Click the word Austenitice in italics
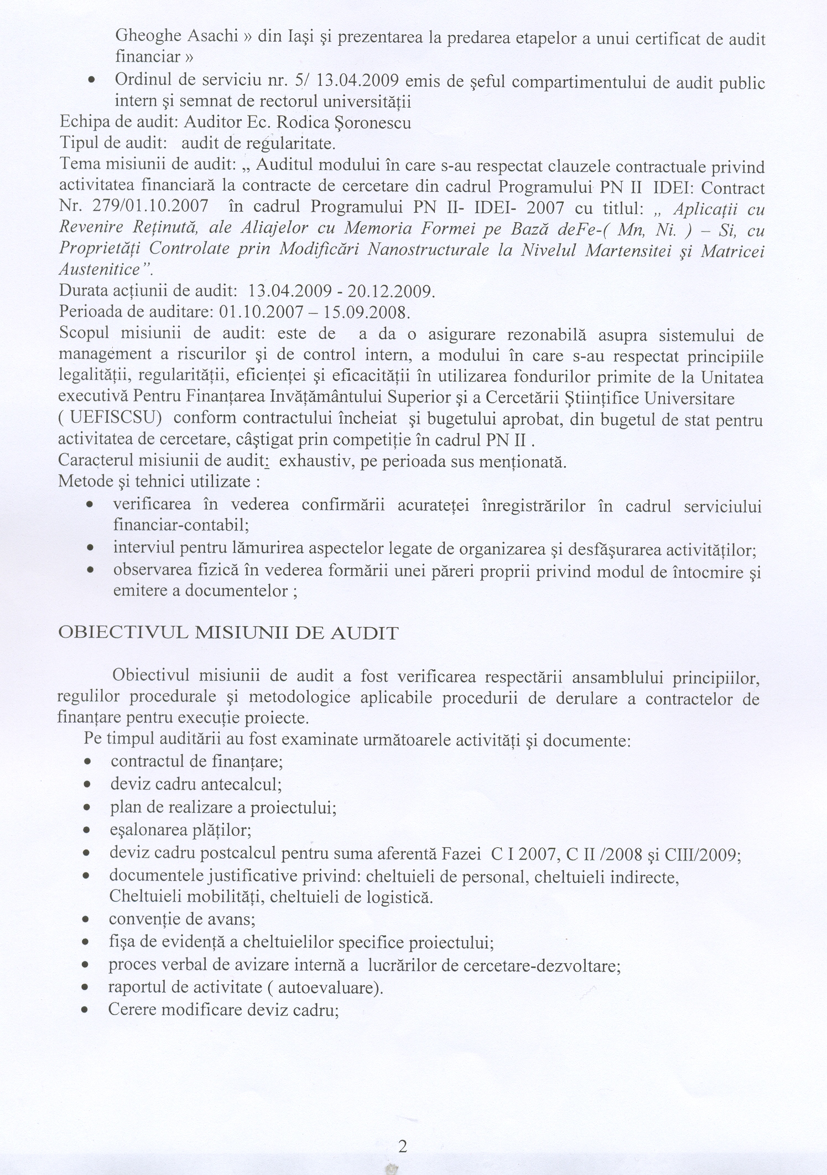click(x=100, y=270)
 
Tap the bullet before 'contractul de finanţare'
click(x=87, y=762)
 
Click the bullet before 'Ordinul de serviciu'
click(x=90, y=81)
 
